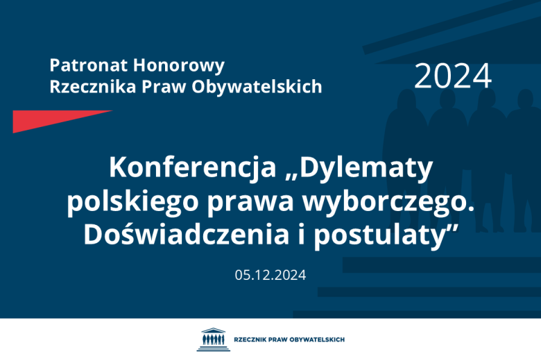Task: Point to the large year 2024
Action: [452, 76]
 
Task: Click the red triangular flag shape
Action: [49, 119]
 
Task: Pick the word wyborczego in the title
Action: [386, 201]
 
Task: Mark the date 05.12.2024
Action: [270, 274]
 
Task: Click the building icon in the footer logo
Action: [212, 339]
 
